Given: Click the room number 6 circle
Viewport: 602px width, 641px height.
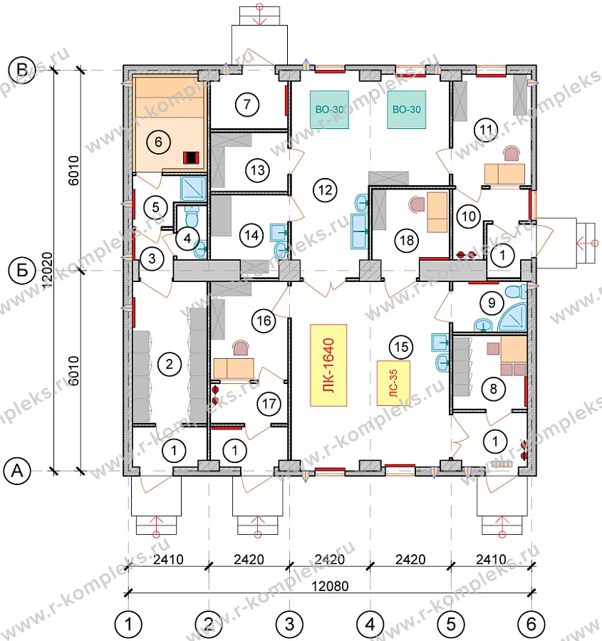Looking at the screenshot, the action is click(158, 142).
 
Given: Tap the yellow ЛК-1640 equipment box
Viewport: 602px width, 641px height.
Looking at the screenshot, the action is click(328, 365).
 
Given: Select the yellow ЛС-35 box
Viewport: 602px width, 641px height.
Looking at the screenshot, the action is click(393, 383).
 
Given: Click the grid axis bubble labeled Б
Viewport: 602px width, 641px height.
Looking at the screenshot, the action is click(23, 270).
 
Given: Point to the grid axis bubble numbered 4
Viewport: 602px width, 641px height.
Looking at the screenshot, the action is click(370, 624).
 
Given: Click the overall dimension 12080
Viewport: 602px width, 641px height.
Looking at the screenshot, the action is click(330, 586).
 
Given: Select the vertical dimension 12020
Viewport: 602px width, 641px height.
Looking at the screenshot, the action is click(48, 270).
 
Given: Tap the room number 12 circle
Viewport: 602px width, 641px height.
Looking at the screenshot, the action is click(325, 190).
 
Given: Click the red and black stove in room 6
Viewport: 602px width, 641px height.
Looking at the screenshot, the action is click(191, 157).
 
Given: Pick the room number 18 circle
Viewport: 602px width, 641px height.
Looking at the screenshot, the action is click(407, 240).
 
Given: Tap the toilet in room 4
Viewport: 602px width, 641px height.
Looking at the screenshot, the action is click(192, 217).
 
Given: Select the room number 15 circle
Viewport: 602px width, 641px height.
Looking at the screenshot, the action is click(401, 347).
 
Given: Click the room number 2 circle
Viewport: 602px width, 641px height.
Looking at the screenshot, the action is click(170, 364).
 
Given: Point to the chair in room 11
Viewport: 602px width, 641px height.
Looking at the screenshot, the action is click(512, 154).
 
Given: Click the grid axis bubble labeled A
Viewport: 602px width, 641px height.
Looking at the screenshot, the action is click(17, 471).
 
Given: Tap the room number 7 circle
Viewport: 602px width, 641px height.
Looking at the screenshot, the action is click(247, 104).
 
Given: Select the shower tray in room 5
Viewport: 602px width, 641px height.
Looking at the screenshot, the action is click(194, 188).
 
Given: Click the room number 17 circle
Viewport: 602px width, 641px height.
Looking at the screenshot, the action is click(269, 404).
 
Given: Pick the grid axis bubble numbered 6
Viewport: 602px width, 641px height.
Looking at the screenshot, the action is click(531, 624).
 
